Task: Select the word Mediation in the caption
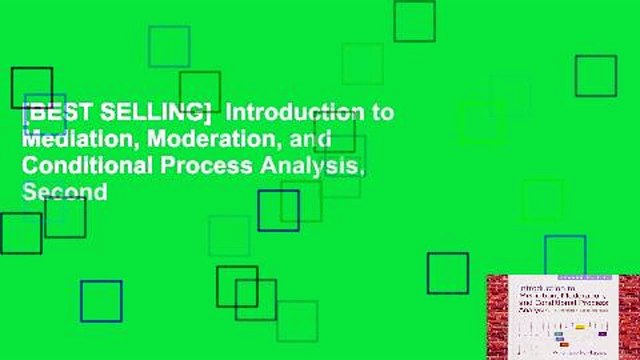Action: tap(61, 139)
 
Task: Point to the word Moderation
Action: tap(174, 139)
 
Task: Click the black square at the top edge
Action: tap(414, 21)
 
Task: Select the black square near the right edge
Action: tap(595, 76)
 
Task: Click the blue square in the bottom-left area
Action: tap(101, 301)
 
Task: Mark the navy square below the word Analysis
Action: tap(278, 210)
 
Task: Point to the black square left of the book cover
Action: tap(447, 273)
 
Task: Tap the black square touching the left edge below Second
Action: tap(20, 233)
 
